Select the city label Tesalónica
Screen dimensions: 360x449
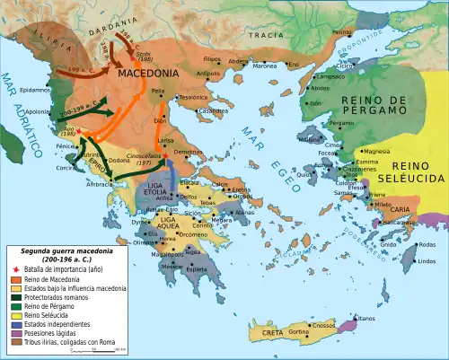click(x=192, y=97)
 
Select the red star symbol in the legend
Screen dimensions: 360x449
click(x=14, y=268)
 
